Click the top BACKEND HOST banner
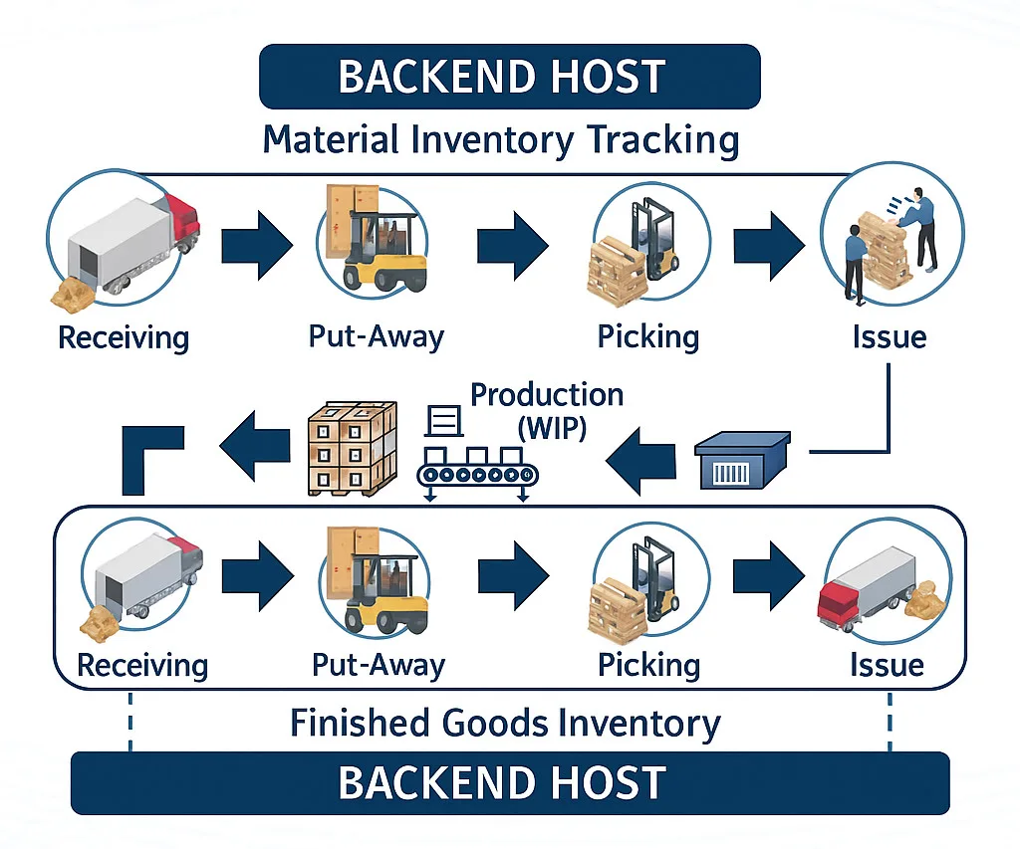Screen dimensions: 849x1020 pyautogui.click(x=509, y=77)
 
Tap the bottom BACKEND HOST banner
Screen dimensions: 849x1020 pyautogui.click(x=509, y=783)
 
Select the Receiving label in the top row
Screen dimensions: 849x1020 pyautogui.click(x=124, y=336)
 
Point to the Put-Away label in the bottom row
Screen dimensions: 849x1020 pyautogui.click(x=378, y=664)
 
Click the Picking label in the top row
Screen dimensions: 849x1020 pyautogui.click(x=648, y=336)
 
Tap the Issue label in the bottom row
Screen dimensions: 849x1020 pyautogui.click(x=887, y=664)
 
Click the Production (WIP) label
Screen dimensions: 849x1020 pyautogui.click(x=546, y=411)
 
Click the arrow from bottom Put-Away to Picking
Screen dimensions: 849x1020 pyautogui.click(x=513, y=575)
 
